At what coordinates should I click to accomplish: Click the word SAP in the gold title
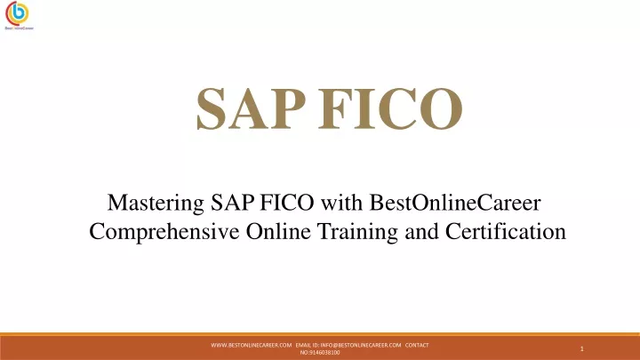251,108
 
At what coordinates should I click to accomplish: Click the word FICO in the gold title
390,108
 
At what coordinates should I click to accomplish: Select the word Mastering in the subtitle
156,204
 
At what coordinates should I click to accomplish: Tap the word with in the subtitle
341,203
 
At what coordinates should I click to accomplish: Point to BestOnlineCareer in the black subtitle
455,203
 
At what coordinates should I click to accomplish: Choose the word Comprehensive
164,232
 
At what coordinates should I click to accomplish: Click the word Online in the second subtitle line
278,231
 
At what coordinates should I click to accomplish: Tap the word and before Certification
421,231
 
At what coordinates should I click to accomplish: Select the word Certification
506,231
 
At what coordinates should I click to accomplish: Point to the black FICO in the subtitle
287,203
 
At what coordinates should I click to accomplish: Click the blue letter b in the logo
19,12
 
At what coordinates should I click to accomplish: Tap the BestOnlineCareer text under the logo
19,28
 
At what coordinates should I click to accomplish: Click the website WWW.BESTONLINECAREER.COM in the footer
252,345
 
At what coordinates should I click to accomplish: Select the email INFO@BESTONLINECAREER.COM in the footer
361,345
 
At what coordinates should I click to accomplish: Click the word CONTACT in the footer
417,345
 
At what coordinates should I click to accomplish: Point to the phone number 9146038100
324,353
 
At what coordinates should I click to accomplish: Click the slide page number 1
582,348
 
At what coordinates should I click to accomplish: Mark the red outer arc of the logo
7,14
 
